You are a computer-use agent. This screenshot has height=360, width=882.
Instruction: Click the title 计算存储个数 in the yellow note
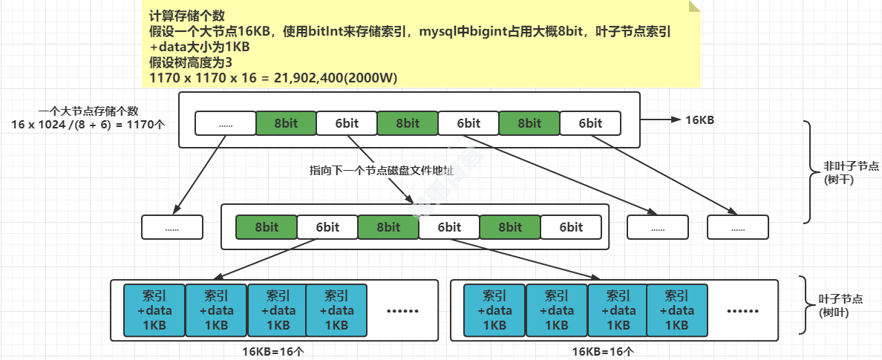coord(188,16)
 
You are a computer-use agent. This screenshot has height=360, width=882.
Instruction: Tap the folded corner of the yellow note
coord(694,6)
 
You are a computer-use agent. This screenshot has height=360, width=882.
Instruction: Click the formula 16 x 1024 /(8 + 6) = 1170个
coord(88,125)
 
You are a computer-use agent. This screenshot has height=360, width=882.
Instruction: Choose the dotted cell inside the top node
coord(226,123)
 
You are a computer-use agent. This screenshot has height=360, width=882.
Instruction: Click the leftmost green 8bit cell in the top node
coord(286,123)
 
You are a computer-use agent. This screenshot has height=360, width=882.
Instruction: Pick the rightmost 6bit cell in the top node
coord(590,123)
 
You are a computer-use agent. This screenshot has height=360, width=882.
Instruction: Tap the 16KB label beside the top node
coord(699,120)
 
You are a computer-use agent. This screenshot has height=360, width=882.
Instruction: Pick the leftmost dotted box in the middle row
coord(172,227)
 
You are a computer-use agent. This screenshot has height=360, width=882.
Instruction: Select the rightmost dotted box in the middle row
coord(738,227)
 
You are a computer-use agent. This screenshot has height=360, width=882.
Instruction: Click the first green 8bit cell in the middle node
coord(267,227)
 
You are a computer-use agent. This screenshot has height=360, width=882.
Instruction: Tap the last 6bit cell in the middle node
coord(571,227)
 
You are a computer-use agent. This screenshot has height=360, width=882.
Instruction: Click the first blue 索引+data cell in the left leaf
coord(154,310)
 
